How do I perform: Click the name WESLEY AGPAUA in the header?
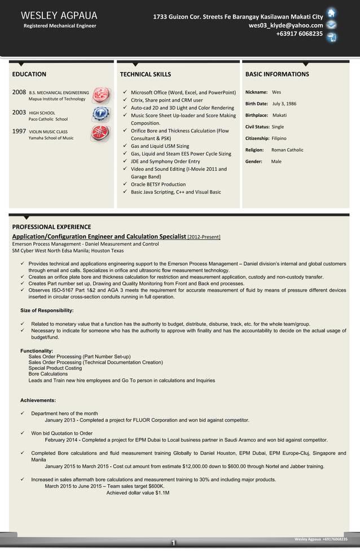click(x=59, y=15)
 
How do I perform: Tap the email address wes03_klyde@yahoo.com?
click(x=286, y=25)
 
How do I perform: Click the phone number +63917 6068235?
click(x=299, y=34)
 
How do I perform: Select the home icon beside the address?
click(x=332, y=14)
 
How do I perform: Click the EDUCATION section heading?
click(x=29, y=74)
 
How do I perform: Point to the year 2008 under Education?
click(x=19, y=92)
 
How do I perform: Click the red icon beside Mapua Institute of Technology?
click(x=101, y=95)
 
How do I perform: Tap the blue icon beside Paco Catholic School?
click(x=101, y=114)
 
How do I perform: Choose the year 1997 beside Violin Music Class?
click(x=19, y=131)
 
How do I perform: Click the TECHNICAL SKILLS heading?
click(x=146, y=74)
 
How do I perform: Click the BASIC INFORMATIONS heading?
click(x=277, y=74)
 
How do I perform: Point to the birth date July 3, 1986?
click(x=284, y=104)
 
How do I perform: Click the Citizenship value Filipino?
click(x=279, y=138)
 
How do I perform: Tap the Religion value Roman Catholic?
click(x=287, y=150)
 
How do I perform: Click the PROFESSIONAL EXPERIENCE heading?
click(x=51, y=227)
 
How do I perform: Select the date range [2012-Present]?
click(x=204, y=237)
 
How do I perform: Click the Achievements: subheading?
click(x=38, y=400)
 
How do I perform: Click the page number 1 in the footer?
click(x=174, y=543)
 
